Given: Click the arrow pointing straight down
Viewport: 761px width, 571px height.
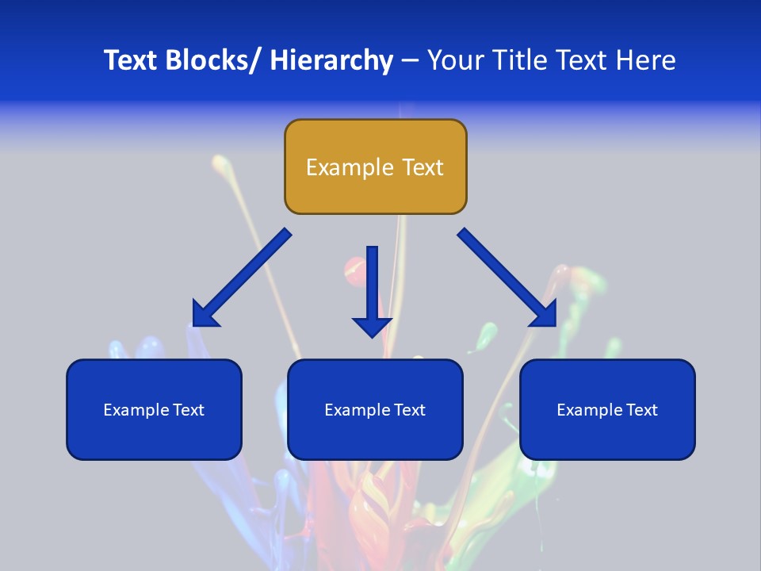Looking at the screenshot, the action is [x=372, y=285].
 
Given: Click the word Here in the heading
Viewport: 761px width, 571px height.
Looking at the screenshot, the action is [x=646, y=60].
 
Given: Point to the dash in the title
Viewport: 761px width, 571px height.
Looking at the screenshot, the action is [x=410, y=60].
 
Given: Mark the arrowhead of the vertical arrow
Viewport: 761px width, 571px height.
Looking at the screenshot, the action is [x=372, y=325].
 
